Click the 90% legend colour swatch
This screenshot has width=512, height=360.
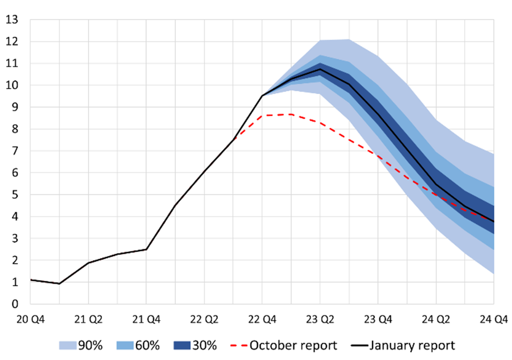click(67, 345)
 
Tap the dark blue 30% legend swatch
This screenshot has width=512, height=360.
click(182, 345)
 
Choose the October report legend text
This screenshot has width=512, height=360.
click(294, 345)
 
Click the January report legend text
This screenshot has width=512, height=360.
click(412, 345)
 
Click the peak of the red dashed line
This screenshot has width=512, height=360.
click(291, 114)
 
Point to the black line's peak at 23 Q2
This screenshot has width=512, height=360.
click(320, 69)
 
